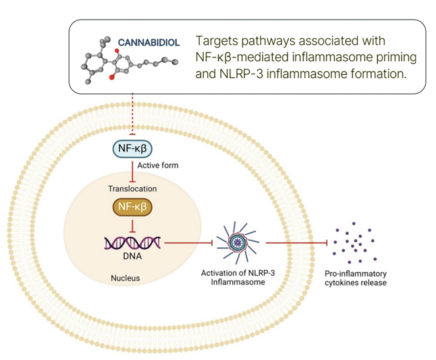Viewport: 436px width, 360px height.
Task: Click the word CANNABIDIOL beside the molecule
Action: click(149, 43)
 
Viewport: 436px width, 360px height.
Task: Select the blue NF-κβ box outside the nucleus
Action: click(131, 149)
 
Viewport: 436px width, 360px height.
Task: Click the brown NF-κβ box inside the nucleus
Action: click(131, 207)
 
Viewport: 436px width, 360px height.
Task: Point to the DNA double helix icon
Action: click(132, 242)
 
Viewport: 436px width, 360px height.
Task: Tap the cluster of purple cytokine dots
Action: click(355, 243)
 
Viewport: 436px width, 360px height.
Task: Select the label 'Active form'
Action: click(157, 165)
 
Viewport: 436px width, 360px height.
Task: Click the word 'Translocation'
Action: click(133, 188)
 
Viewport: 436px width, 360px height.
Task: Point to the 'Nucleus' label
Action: click(125, 278)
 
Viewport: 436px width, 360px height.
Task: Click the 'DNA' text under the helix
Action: click(132, 257)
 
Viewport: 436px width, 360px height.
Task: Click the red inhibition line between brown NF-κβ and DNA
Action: click(132, 226)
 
